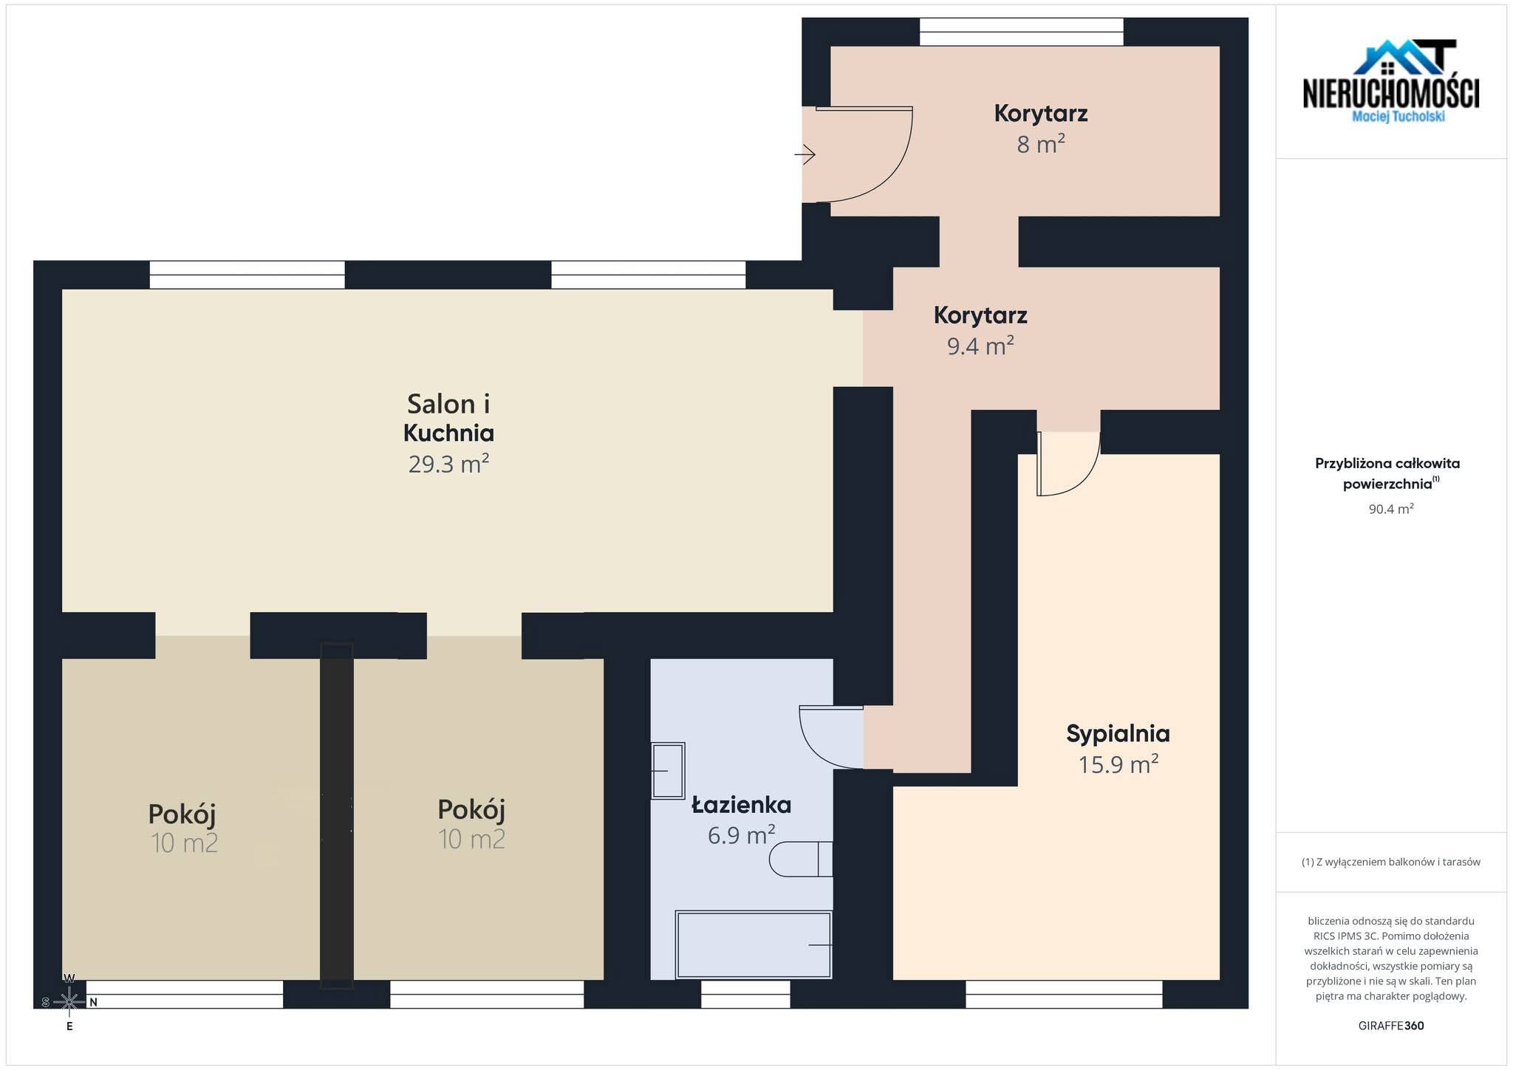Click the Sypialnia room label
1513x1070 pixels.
[1118, 734]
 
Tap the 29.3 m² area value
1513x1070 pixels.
[448, 464]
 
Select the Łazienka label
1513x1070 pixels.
[741, 804]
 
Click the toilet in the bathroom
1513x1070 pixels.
[801, 859]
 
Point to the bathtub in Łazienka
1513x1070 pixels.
[754, 944]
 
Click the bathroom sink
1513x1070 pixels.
[668, 771]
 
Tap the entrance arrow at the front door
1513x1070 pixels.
[805, 154]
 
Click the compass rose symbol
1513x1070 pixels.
[69, 1002]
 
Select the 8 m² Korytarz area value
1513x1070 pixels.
[1041, 144]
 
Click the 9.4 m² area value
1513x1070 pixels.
[980, 346]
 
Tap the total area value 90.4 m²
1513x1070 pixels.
[1391, 509]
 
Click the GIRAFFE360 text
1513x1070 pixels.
[1391, 1026]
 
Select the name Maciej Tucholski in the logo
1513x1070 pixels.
[1398, 117]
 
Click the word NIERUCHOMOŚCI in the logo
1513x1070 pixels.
[1391, 94]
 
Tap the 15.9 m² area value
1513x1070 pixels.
[1118, 764]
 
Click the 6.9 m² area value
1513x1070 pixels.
[741, 835]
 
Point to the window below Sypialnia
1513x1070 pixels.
[1064, 994]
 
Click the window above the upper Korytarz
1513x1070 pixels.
[1022, 32]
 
